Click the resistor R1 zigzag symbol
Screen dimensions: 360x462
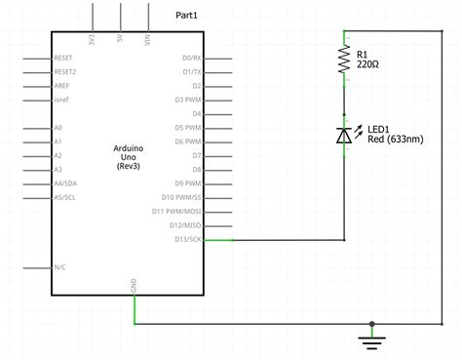pyautogui.click(x=344, y=61)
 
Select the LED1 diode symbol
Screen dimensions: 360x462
pyautogui.click(x=344, y=135)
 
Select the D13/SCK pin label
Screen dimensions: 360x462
pyautogui.click(x=188, y=239)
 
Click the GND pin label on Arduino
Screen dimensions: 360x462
pyautogui.click(x=134, y=284)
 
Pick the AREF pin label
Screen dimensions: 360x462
pyautogui.click(x=63, y=85)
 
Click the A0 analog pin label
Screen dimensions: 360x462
pyautogui.click(x=58, y=128)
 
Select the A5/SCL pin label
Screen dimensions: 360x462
pyautogui.click(x=66, y=197)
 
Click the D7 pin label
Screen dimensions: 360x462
pyautogui.click(x=196, y=155)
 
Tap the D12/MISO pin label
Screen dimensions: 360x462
pyautogui.click(x=185, y=225)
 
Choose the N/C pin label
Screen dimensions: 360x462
pyautogui.click(x=60, y=267)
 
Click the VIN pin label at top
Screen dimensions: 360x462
pyautogui.click(x=149, y=42)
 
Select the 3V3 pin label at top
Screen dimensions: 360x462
pyautogui.click(x=93, y=42)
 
